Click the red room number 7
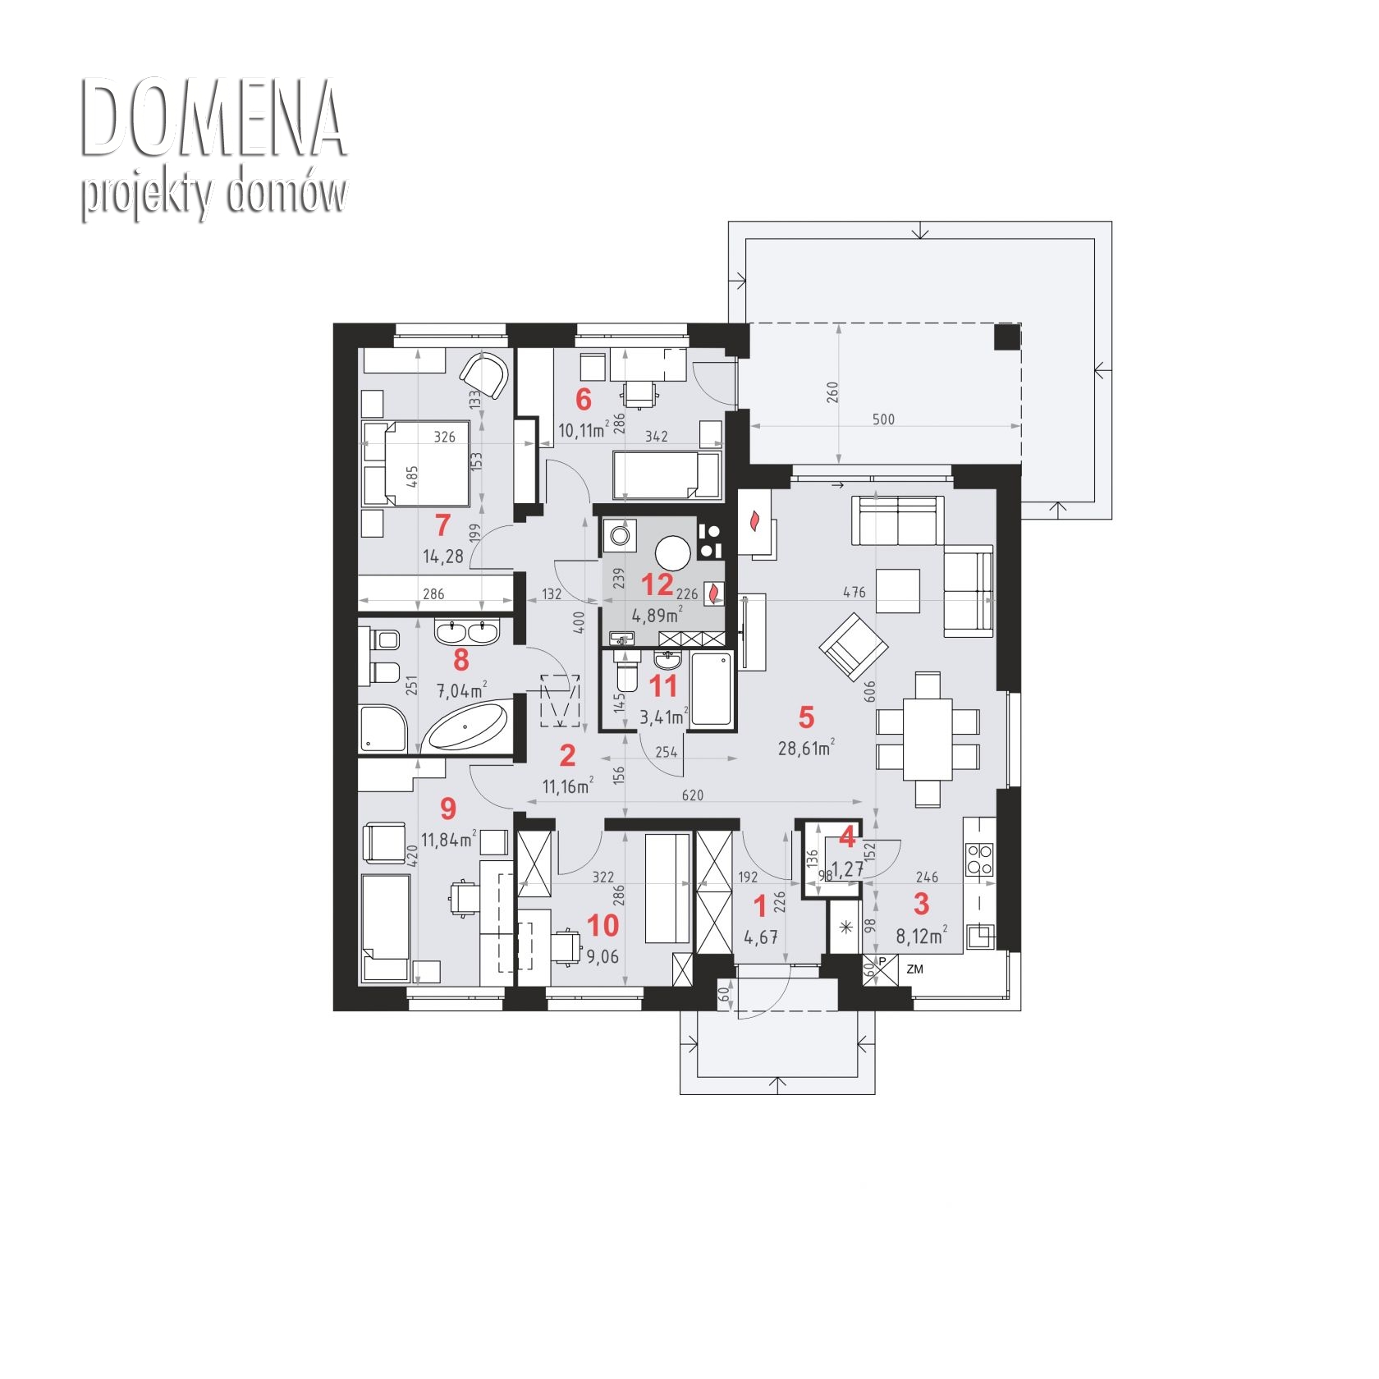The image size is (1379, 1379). [442, 523]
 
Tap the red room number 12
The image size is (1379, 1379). [657, 584]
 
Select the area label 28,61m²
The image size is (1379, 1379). [806, 747]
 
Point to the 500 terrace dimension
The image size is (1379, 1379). [882, 419]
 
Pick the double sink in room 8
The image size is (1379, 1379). [467, 632]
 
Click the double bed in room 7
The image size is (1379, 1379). [415, 463]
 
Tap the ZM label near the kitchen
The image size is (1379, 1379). [914, 969]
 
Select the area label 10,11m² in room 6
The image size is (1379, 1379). [584, 429]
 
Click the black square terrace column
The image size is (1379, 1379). [1006, 337]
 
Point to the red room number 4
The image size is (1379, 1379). [847, 839]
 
